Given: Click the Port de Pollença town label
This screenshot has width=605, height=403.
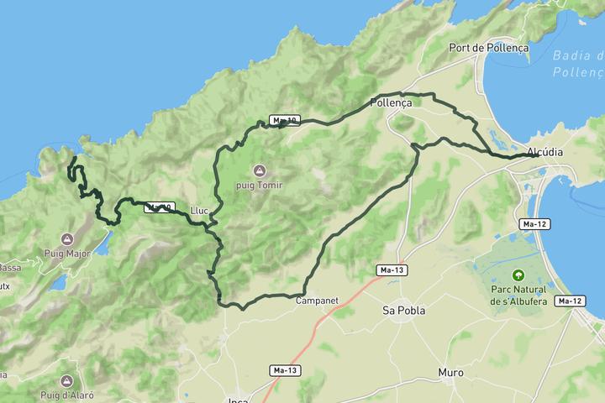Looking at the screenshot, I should tap(489, 48).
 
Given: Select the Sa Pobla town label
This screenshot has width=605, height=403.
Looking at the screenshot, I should tap(404, 310).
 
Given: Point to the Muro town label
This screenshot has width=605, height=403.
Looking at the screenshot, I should tap(450, 372).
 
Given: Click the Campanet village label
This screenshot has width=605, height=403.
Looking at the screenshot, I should tap(316, 299).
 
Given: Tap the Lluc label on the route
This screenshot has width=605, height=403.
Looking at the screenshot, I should tap(199, 210).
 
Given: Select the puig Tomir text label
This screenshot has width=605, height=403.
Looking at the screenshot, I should tap(259, 185).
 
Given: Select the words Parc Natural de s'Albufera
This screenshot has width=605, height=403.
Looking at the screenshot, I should tap(518, 295).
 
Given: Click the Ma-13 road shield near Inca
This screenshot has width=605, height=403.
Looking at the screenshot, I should tap(286, 370).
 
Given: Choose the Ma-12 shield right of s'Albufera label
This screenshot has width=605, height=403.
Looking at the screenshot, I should tap(570, 301).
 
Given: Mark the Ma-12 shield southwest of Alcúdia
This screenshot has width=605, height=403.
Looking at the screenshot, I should tap(535, 224).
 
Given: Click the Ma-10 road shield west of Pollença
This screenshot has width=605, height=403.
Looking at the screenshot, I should tap(285, 120).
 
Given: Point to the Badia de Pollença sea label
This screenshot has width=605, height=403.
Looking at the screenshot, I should tap(578, 64).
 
